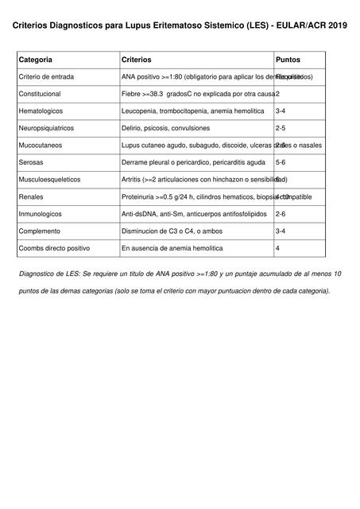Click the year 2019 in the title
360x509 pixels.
click(x=337, y=25)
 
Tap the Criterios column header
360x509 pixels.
click(x=136, y=60)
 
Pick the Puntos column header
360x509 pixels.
click(x=288, y=60)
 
